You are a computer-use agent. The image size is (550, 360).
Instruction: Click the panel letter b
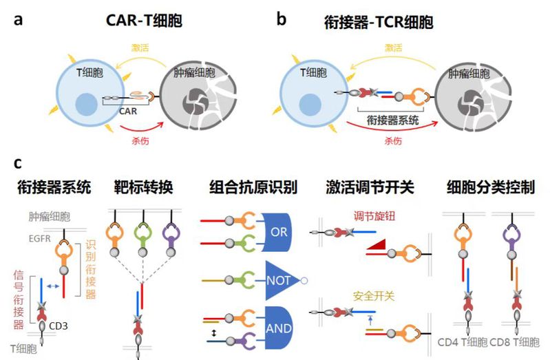(x=281, y=19)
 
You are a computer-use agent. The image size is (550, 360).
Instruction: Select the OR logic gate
(x=277, y=232)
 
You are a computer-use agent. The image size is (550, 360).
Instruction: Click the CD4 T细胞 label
(x=463, y=341)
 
